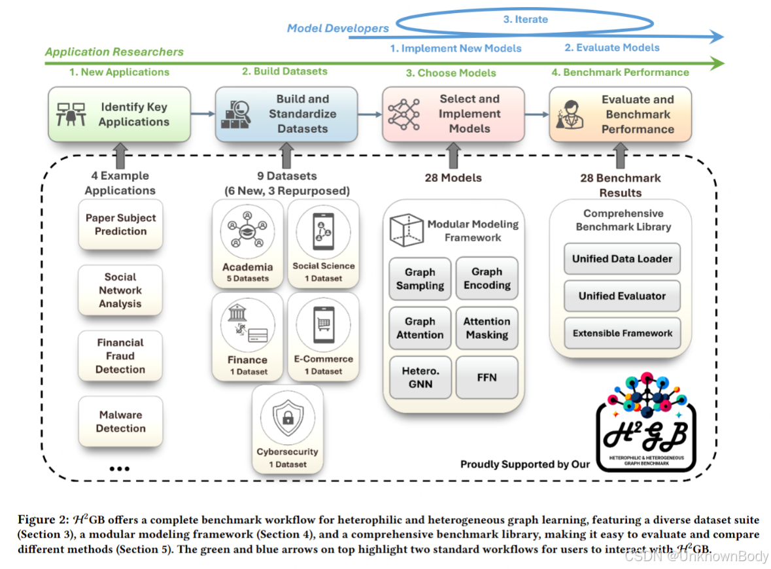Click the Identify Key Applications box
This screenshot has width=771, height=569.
tap(119, 114)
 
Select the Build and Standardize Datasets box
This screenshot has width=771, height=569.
tap(286, 114)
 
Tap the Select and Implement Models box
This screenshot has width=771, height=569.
tap(453, 114)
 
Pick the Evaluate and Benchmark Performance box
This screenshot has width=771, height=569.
tap(621, 114)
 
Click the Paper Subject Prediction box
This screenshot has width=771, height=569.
tap(120, 224)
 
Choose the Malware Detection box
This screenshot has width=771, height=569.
tap(120, 422)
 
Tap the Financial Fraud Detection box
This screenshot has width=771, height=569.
tap(120, 356)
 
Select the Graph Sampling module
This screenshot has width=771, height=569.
tap(420, 279)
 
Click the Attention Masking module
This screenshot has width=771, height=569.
tap(487, 328)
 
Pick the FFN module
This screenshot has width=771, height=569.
tap(487, 377)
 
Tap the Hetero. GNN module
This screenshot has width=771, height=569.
tap(420, 377)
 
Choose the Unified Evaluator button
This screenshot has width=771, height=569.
tap(622, 296)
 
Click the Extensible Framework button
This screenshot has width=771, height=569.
tap(622, 333)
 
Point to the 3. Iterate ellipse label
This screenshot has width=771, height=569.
tap(525, 20)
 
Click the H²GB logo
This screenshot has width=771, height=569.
tap(646, 432)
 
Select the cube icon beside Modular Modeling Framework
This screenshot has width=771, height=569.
tap(405, 230)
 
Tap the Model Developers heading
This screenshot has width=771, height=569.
tap(338, 28)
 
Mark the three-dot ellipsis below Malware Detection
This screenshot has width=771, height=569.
tap(120, 469)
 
